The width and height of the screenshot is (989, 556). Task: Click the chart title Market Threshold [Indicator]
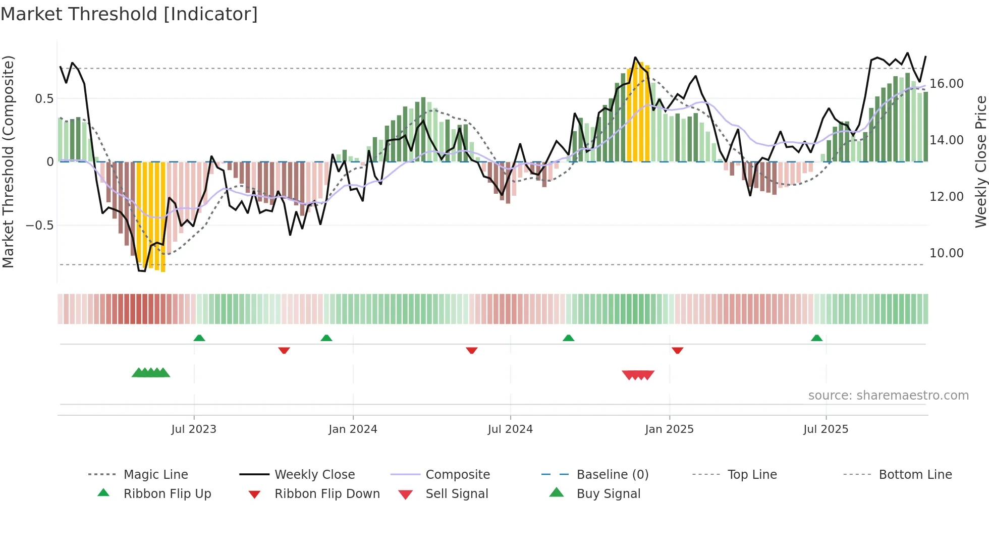[129, 14]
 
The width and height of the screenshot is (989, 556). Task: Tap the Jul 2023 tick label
[194, 429]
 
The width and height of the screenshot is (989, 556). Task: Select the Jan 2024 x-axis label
[353, 429]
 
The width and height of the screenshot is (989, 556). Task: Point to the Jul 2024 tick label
[510, 429]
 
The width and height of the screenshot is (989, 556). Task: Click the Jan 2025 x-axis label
[669, 429]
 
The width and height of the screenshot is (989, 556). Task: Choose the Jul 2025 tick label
[826, 429]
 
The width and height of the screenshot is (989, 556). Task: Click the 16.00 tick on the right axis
[946, 84]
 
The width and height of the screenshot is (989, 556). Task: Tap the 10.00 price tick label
[946, 253]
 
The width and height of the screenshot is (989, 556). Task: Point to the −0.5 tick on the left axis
[40, 226]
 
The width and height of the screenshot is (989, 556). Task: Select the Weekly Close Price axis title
[980, 161]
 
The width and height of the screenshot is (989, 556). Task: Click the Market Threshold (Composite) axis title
[8, 161]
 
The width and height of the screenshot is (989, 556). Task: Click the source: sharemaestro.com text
[888, 396]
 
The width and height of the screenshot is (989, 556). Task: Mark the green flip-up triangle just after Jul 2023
[199, 338]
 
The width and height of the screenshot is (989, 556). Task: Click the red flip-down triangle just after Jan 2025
[677, 350]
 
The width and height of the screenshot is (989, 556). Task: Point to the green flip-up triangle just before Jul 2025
[816, 338]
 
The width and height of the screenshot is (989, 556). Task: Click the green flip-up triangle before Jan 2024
[326, 338]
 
